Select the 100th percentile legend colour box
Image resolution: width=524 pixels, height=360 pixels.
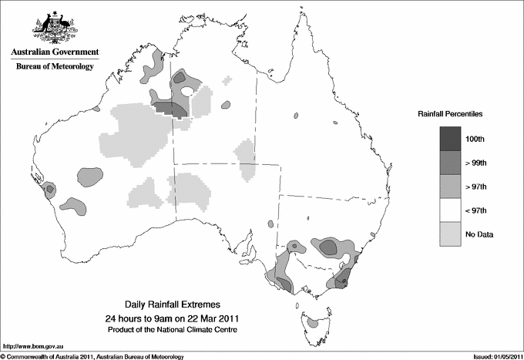point(448,138)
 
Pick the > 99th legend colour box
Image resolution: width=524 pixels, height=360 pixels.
point(448,162)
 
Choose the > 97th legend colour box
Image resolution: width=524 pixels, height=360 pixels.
point(448,186)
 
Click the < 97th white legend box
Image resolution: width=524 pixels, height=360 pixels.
point(448,210)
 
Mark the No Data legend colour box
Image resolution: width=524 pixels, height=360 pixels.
point(448,234)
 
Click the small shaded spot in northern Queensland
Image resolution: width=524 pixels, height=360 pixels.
point(296,116)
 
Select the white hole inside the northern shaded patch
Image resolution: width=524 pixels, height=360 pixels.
point(186,93)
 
